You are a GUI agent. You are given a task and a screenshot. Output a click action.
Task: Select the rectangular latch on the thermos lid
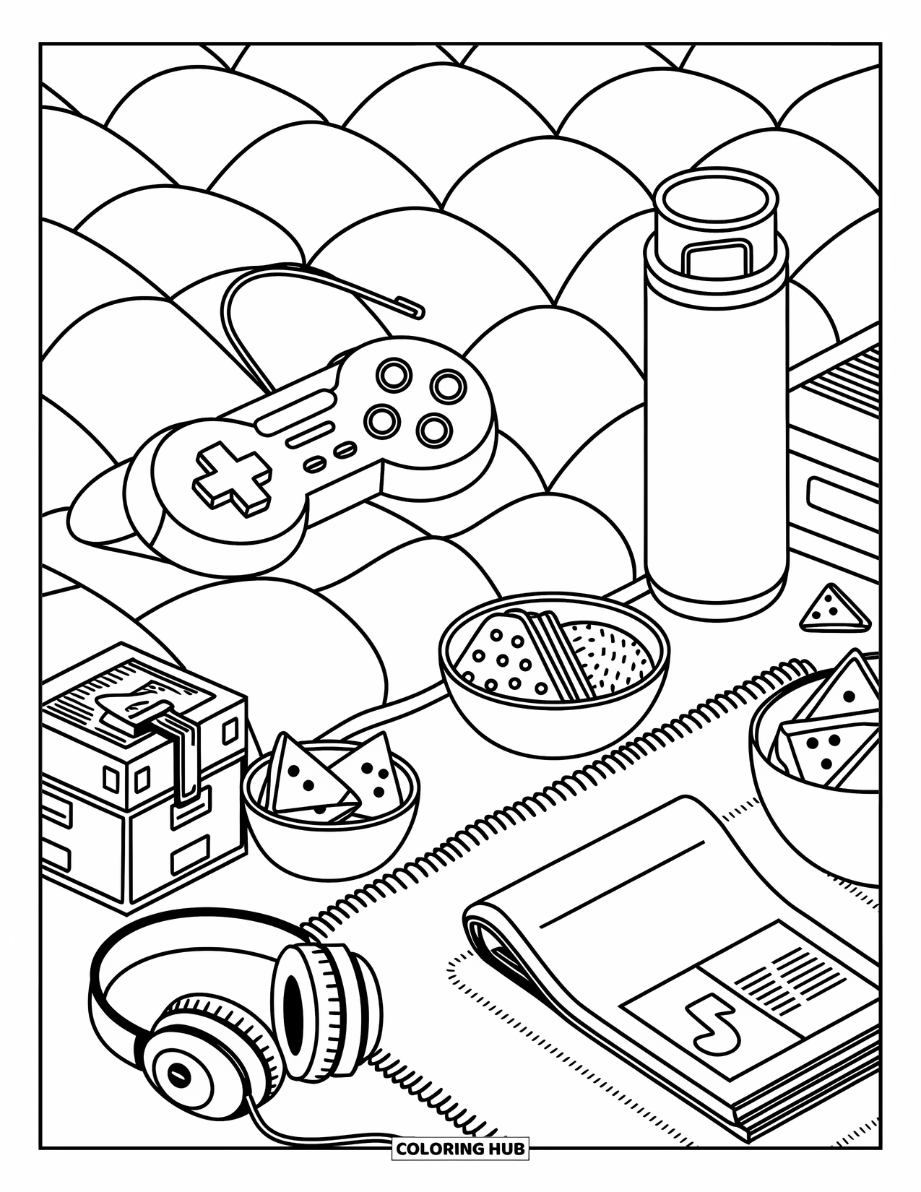point(716,256)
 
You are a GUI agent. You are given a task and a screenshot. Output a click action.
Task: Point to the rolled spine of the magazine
point(498,939)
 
